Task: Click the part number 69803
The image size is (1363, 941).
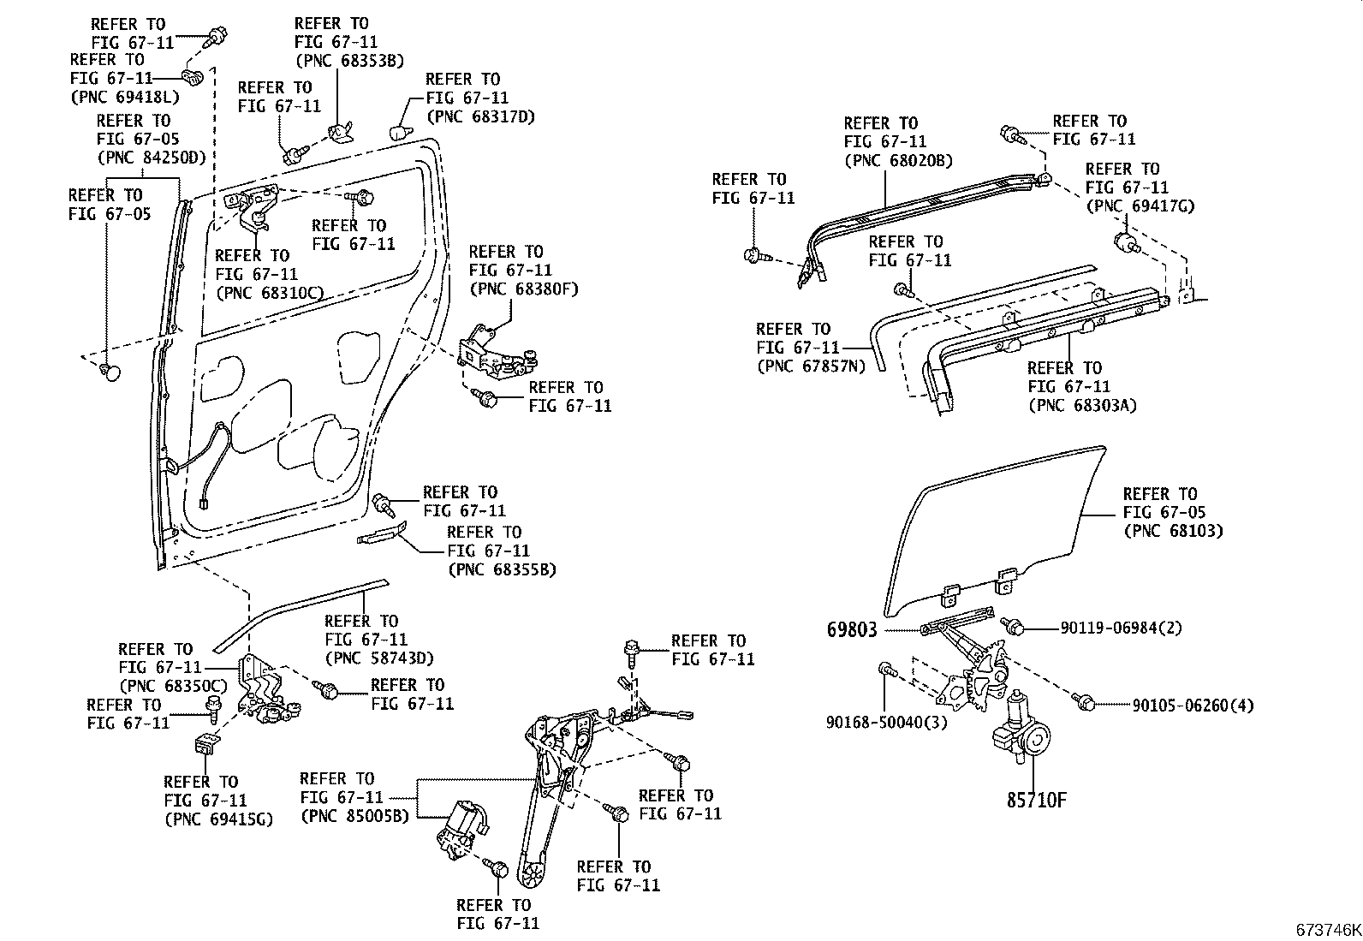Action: click(852, 630)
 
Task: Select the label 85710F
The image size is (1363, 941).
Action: click(1036, 801)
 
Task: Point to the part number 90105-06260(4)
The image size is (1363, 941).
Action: click(1193, 705)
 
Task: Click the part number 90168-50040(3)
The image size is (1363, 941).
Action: click(887, 722)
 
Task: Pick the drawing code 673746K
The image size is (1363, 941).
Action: click(1326, 930)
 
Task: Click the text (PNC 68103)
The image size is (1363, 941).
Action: click(1172, 531)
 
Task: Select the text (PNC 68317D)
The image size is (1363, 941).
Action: click(479, 116)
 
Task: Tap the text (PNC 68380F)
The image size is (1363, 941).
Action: click(523, 289)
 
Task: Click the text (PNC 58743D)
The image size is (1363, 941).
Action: click(378, 658)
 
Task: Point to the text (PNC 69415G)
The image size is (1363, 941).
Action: click(217, 819)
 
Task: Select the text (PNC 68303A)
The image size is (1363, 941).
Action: click(1082, 405)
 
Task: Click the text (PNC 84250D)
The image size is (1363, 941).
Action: click(152, 158)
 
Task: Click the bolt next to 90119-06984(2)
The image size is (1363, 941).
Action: click(1015, 628)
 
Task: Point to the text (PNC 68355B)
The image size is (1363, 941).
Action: click(501, 569)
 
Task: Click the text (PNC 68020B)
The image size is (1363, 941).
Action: click(898, 160)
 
